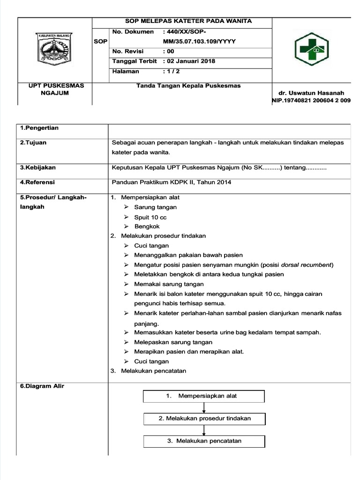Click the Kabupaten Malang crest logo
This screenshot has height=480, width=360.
[x=55, y=48]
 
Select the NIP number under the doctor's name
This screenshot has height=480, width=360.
[x=311, y=100]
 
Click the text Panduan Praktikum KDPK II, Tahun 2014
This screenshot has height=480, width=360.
[x=171, y=182]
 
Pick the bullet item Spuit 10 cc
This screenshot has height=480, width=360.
[x=150, y=217]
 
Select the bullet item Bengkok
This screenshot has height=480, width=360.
[x=147, y=226]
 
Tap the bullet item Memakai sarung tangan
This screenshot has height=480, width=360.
[x=169, y=284]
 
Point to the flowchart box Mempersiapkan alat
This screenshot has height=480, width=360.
[x=204, y=396]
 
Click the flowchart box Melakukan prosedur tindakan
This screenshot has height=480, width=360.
[x=204, y=419]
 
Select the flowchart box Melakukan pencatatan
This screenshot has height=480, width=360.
[x=204, y=441]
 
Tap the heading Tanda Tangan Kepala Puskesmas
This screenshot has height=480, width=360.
[x=182, y=86]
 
